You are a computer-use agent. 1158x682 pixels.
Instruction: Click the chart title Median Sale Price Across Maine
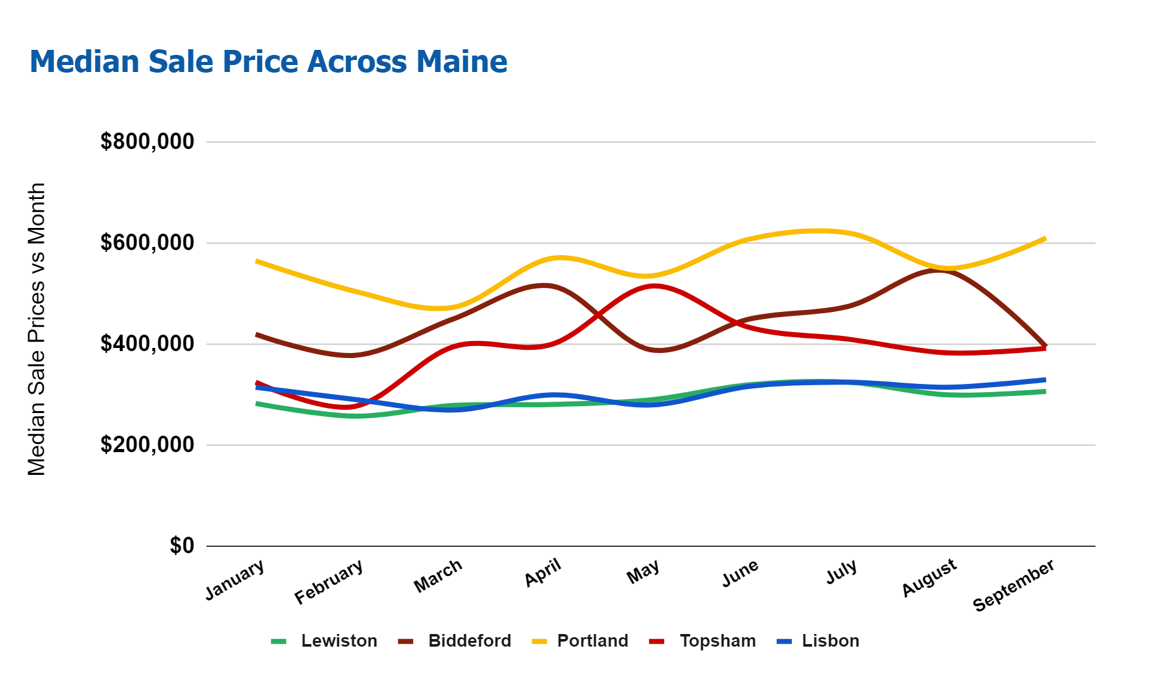[x=268, y=62]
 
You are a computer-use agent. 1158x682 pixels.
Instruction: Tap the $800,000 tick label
[x=147, y=141]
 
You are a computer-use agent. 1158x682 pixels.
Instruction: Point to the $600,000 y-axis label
[x=147, y=242]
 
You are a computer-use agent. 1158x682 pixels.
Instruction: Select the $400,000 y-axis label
[x=147, y=344]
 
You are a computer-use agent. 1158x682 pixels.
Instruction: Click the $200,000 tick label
[x=147, y=445]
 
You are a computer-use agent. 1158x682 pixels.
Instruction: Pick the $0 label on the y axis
[x=182, y=546]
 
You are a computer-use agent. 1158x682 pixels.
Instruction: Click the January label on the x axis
[x=235, y=580]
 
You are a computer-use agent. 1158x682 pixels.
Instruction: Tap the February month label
[x=329, y=582]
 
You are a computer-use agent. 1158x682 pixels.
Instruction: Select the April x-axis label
[x=543, y=573]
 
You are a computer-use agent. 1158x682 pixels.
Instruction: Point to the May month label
[x=643, y=572]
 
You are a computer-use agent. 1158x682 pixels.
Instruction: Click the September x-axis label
[x=1013, y=585]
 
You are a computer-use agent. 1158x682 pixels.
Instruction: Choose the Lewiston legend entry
[x=338, y=641]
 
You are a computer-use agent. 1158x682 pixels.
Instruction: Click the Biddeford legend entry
[x=469, y=641]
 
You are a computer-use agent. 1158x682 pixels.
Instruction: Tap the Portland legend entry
[x=592, y=641]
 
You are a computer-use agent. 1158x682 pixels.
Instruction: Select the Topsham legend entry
[x=717, y=641]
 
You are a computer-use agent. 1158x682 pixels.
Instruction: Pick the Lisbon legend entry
[x=830, y=641]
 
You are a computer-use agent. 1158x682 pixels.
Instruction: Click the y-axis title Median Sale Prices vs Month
[x=37, y=329]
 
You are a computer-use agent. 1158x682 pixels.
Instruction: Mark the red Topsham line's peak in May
[x=654, y=286]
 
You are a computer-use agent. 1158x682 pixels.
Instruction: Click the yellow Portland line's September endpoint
[x=1045, y=239]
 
